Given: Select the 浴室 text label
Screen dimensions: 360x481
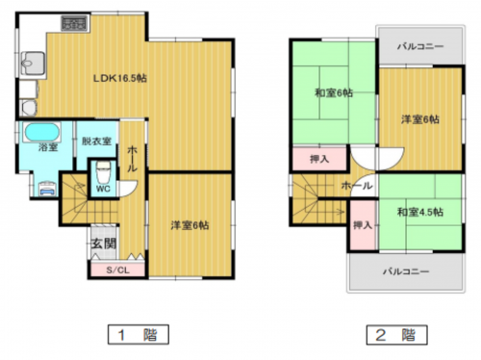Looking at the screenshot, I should pyautogui.click(x=46, y=148).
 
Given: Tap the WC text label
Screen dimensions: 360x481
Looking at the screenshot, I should pyautogui.click(x=101, y=190).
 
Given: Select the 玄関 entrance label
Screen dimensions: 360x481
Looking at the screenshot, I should pyautogui.click(x=103, y=244).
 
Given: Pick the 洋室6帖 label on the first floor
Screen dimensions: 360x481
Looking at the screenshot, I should pyautogui.click(x=190, y=225).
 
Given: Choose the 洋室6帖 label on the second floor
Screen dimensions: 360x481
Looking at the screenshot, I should pyautogui.click(x=419, y=119).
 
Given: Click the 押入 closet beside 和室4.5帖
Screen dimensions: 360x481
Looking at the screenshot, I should pyautogui.click(x=362, y=225).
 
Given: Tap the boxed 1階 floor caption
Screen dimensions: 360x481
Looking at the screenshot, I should pyautogui.click(x=133, y=336).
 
